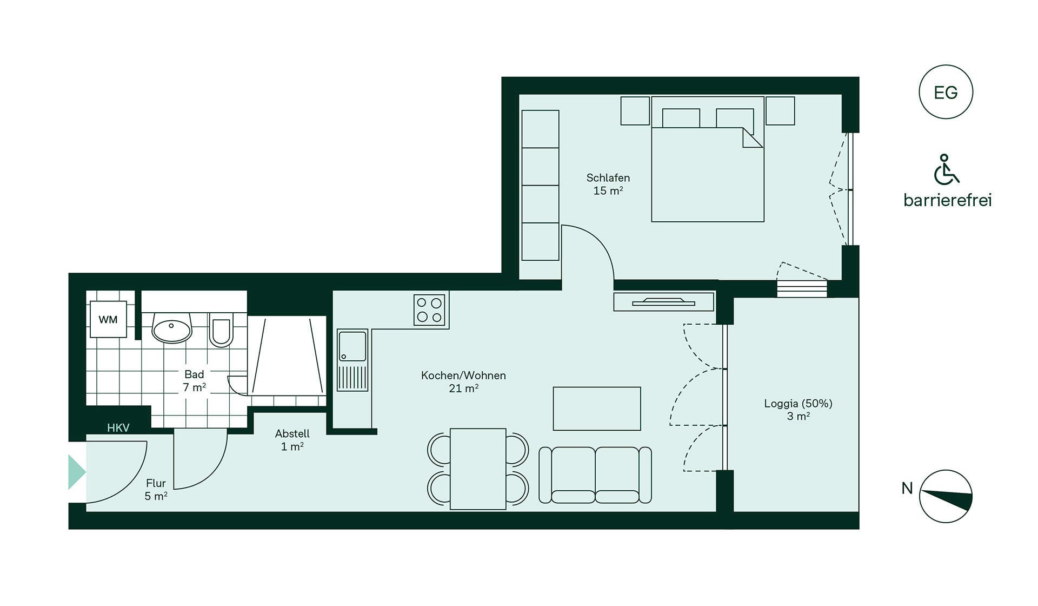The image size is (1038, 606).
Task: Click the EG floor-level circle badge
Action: (x=946, y=92)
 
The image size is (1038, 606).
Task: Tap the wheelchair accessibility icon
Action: (x=946, y=169)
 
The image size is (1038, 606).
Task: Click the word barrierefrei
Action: (x=947, y=200)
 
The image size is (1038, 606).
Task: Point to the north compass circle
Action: (x=946, y=496)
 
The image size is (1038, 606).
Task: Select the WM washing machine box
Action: (x=108, y=319)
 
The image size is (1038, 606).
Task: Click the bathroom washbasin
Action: (x=172, y=327)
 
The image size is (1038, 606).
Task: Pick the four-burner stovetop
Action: (x=429, y=309)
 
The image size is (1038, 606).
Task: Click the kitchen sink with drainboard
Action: (x=352, y=360)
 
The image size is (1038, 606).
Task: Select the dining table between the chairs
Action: (x=478, y=469)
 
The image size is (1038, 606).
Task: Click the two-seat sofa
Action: (x=595, y=475)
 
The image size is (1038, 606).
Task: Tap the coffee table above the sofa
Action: (x=597, y=409)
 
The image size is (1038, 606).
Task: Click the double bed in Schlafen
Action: (x=708, y=159)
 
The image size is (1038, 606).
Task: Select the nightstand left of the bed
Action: (x=635, y=111)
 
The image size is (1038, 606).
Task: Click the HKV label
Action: (x=118, y=428)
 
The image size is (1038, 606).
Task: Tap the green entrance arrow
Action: (x=77, y=472)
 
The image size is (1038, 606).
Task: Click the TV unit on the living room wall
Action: (x=664, y=301)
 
